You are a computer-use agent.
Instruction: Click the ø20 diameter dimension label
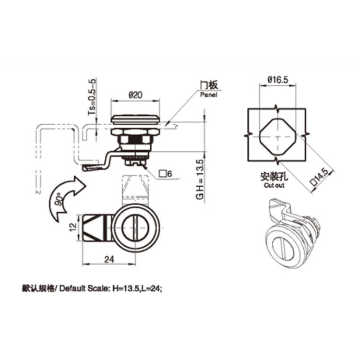pos(135,96)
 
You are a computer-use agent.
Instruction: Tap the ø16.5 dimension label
pos(277,81)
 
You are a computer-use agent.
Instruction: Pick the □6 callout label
pos(168,173)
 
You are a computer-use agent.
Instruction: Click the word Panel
pos(209,95)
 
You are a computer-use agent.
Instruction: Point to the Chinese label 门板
pos(209,85)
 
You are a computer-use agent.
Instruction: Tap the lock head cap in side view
pos(135,120)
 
